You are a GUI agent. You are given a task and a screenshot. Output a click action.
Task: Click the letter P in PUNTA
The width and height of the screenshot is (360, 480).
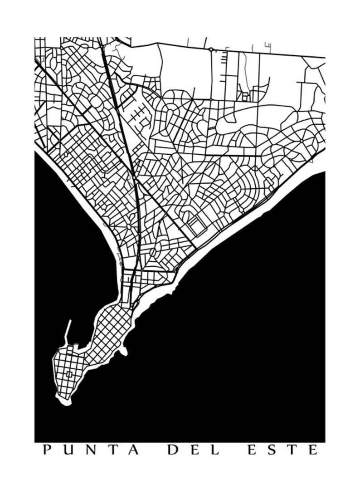46,450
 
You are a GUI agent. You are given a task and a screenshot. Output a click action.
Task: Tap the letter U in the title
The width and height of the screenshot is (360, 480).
68,450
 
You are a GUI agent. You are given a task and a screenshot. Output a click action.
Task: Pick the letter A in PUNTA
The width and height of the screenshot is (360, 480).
133,450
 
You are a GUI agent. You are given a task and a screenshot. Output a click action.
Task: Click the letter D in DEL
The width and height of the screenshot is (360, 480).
172,450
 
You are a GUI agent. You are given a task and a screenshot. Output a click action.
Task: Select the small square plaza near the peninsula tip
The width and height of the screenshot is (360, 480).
69,374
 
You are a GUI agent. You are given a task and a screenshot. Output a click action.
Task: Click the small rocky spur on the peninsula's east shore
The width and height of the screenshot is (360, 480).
123,350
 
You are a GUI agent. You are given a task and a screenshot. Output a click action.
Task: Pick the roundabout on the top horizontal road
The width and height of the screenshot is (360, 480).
211,49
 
